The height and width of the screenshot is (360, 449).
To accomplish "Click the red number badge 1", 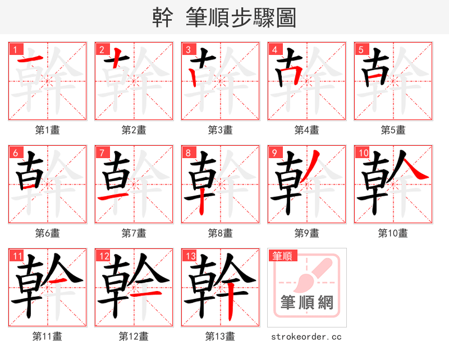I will [x=14, y=49].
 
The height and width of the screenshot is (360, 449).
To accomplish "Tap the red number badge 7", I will [x=100, y=152].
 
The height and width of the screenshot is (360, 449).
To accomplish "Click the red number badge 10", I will [x=362, y=152].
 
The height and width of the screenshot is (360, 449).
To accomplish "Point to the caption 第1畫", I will [x=48, y=130].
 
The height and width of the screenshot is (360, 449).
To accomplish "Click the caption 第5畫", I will [x=393, y=130].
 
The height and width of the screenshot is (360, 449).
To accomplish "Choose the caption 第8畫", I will [x=220, y=233].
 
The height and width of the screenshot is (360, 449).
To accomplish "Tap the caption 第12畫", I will [x=134, y=336].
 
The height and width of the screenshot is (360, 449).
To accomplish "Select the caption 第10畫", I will [x=393, y=233].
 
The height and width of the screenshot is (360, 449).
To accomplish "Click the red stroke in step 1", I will [x=28, y=60].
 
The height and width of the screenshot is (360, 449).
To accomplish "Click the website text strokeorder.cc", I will [x=306, y=336].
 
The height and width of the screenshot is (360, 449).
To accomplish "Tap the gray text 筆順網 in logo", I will [x=306, y=303].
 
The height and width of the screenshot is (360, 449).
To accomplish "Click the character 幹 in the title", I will [x=163, y=17].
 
